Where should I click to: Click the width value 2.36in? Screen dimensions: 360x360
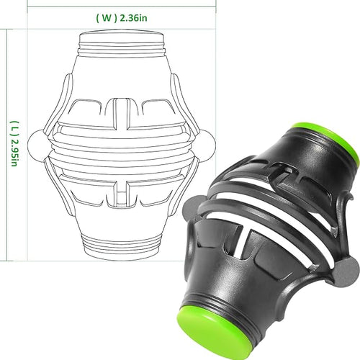(133, 18)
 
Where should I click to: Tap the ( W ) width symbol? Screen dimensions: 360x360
(107, 18)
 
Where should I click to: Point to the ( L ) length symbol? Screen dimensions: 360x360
(14, 128)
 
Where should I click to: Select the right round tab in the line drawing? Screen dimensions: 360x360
(206, 145)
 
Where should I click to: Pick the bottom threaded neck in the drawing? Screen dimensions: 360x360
(122, 242)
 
